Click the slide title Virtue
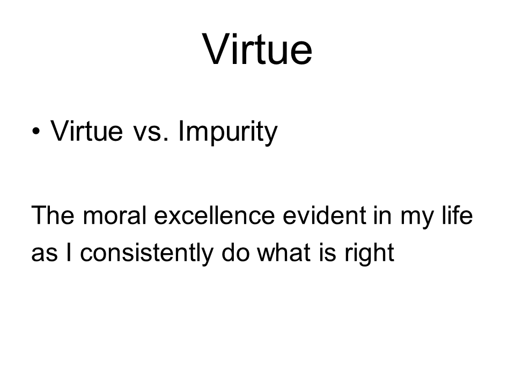257,49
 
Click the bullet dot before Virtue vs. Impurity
36,132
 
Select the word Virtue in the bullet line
86,131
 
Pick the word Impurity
228,132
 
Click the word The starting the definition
53,215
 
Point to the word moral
114,215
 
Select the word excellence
214,215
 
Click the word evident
324,215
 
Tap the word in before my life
383,215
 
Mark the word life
457,215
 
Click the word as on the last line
45,254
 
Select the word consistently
146,253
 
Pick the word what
284,252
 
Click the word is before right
327,252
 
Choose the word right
369,254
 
